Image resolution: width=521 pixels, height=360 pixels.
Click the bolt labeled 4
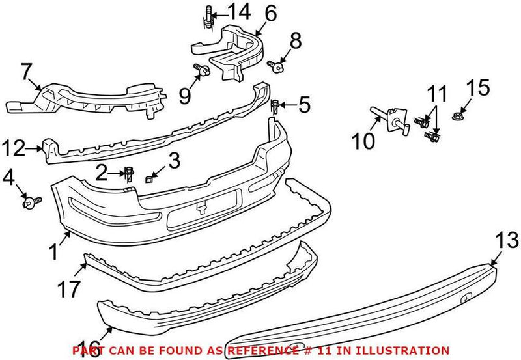(30, 202)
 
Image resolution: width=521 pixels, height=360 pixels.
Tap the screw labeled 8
(277, 64)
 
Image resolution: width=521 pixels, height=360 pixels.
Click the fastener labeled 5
(275, 105)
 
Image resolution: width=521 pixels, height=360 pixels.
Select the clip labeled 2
(130, 173)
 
